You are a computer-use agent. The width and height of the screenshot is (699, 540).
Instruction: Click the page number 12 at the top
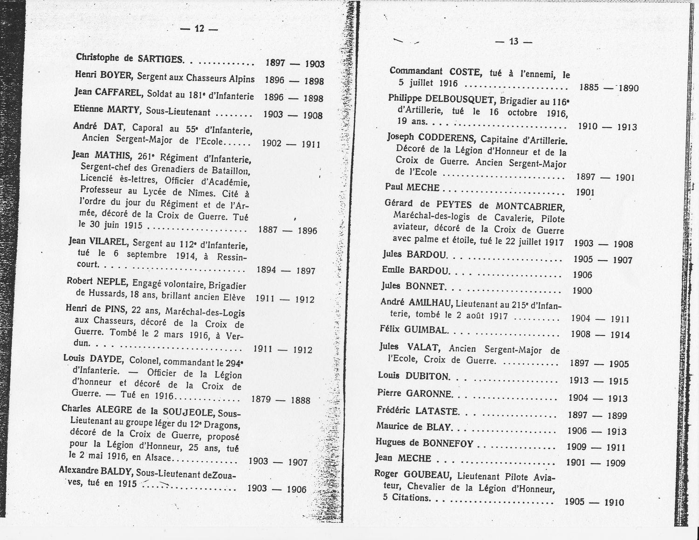tap(199, 28)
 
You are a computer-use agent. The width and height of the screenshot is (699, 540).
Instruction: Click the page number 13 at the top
tap(514, 41)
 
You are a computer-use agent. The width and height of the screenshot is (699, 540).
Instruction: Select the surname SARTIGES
tap(160, 59)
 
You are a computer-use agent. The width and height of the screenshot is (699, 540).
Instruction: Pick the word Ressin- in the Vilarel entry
tap(230, 257)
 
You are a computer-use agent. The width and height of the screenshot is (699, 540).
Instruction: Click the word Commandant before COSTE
tap(416, 71)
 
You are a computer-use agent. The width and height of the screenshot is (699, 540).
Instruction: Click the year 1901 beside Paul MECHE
tap(585, 192)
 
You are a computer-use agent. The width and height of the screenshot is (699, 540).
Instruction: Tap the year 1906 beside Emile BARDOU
tap(582, 275)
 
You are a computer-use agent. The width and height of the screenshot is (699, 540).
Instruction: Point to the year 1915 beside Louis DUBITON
tap(618, 381)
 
